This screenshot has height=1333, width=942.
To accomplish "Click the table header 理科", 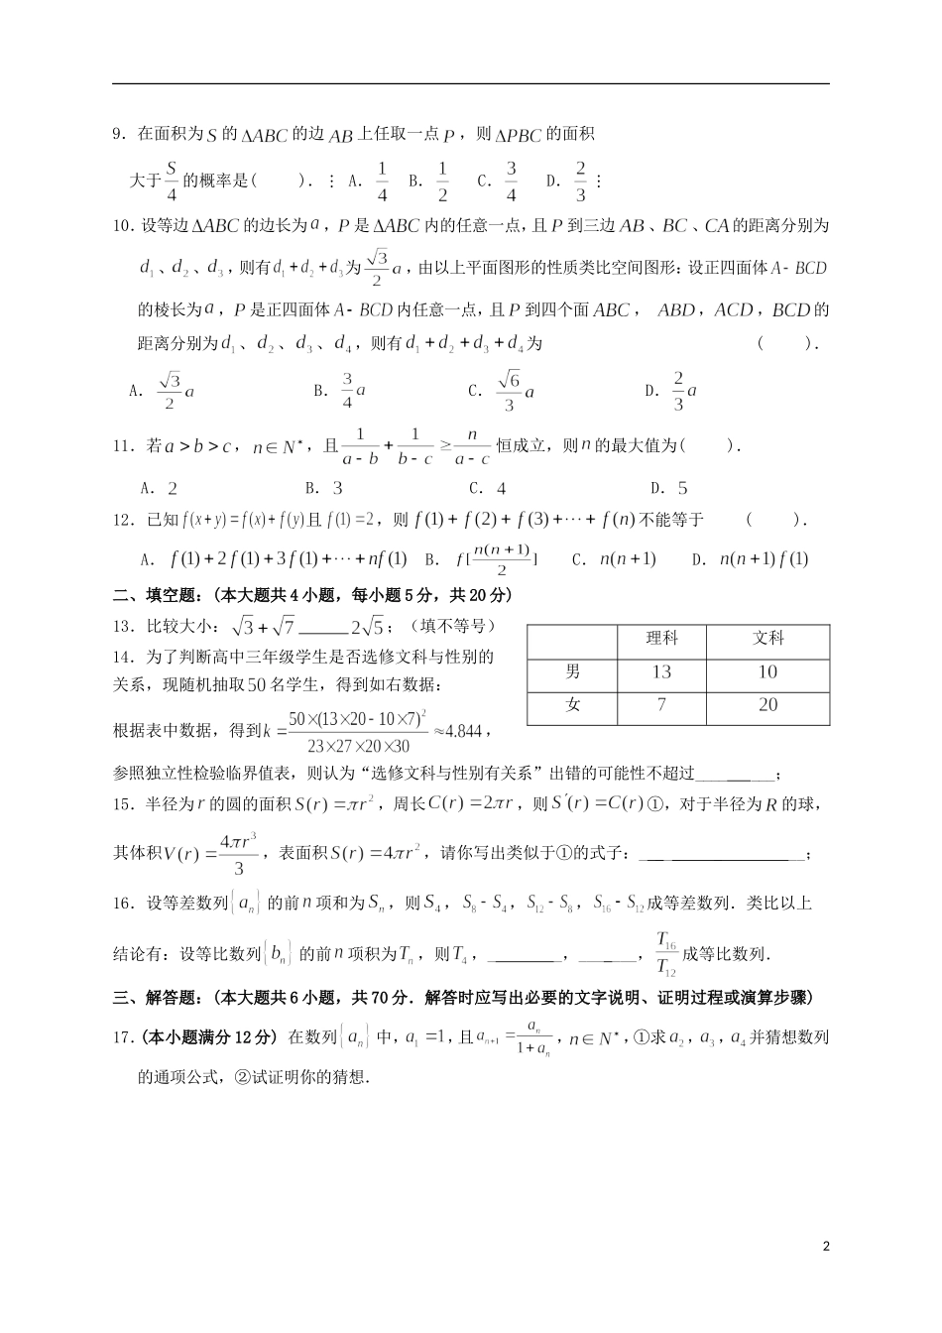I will coord(661,639).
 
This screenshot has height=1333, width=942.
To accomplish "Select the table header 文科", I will coord(767,639).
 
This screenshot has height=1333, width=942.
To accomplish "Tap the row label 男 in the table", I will coord(573,672).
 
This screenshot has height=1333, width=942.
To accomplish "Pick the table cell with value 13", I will coord(661,672).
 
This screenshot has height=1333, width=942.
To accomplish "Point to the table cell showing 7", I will coord(661,705).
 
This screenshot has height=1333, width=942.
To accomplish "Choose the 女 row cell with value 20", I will coord(767,705).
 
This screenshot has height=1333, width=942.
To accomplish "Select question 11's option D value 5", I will coord(682,488).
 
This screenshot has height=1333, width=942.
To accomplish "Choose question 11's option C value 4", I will coord(501,488).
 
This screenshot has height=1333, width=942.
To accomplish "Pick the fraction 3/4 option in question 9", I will coord(512,182).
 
